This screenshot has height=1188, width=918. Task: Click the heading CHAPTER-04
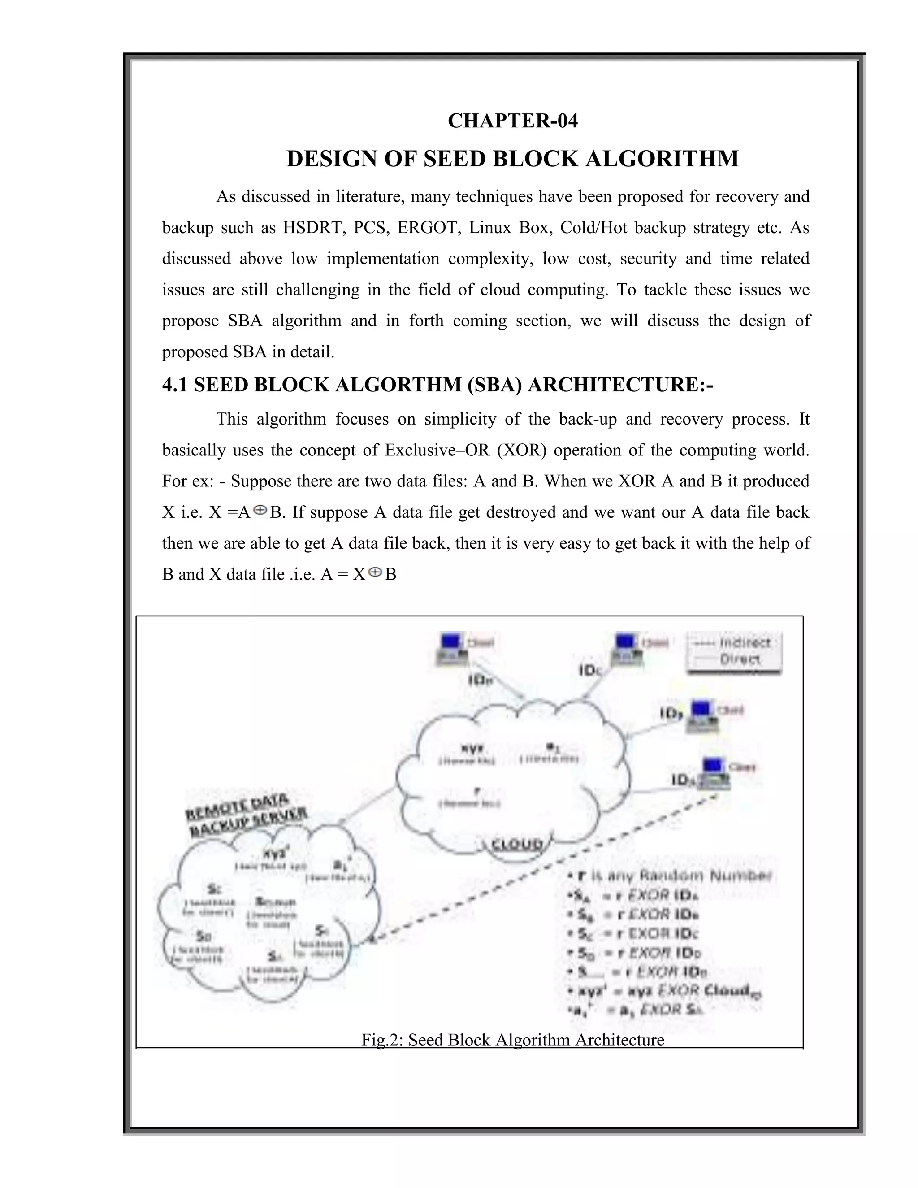(x=512, y=121)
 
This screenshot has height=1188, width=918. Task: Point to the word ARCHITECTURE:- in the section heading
(x=620, y=385)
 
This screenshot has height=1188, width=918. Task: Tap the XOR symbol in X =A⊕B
(x=260, y=510)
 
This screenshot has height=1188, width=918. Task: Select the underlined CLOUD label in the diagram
(x=517, y=845)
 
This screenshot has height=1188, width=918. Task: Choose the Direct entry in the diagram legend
(x=740, y=660)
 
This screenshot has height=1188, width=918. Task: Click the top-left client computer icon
(x=452, y=649)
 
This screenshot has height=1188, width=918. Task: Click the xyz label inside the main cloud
(x=466, y=749)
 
